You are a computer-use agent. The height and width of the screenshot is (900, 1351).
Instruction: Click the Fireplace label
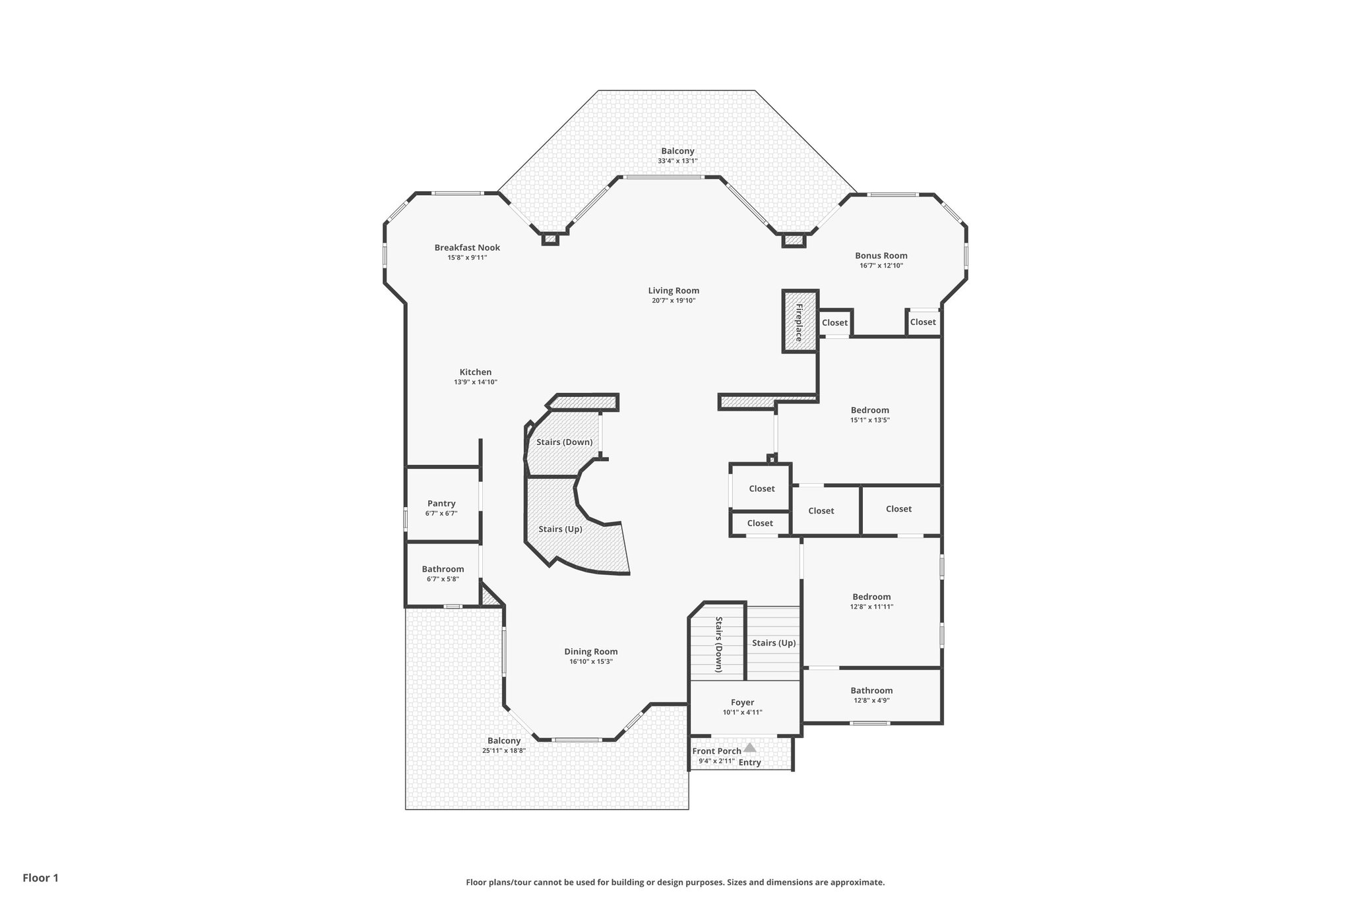click(799, 322)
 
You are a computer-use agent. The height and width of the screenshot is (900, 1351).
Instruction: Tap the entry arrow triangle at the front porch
click(749, 748)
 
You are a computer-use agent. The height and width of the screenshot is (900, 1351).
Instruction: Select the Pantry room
click(441, 504)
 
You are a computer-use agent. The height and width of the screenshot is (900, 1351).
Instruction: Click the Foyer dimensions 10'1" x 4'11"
click(742, 712)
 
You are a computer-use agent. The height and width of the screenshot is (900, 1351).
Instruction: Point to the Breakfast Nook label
click(467, 248)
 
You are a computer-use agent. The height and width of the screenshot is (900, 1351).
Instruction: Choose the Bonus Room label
click(881, 256)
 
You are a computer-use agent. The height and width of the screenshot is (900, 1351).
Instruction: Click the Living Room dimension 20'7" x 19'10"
click(674, 301)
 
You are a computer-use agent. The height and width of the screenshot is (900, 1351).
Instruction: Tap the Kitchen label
click(476, 373)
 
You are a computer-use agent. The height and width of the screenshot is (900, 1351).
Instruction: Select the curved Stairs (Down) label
click(564, 442)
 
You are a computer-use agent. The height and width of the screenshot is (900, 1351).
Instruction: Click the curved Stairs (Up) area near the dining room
click(561, 529)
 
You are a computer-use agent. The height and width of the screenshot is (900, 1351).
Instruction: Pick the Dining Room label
click(591, 652)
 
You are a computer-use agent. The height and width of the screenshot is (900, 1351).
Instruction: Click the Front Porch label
click(716, 751)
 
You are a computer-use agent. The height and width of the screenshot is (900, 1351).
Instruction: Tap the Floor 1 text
click(41, 878)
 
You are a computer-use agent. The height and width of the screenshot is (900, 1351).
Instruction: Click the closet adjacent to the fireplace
click(834, 323)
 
